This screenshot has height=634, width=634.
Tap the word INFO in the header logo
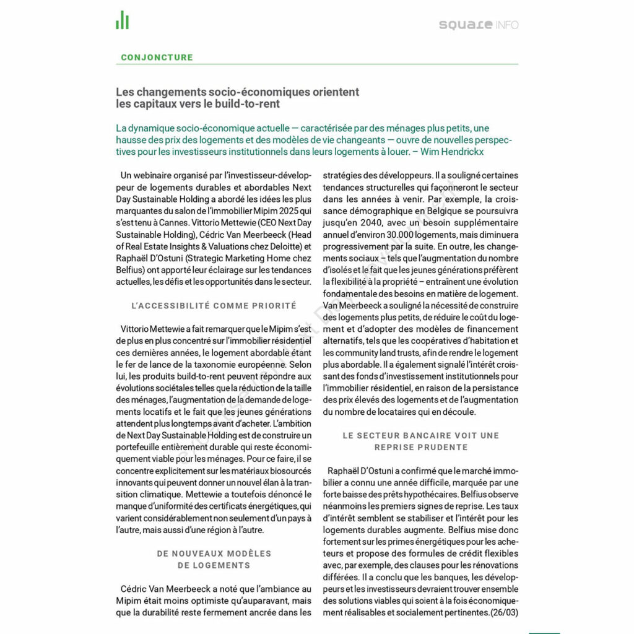coord(506,25)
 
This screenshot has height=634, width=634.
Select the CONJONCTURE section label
coord(157,58)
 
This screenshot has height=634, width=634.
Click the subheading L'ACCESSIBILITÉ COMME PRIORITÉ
coord(214,306)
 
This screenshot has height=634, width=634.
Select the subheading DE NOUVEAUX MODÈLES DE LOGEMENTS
coord(214,559)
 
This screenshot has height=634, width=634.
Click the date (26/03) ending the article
coord(504,613)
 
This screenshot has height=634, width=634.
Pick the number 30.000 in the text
coord(401,235)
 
